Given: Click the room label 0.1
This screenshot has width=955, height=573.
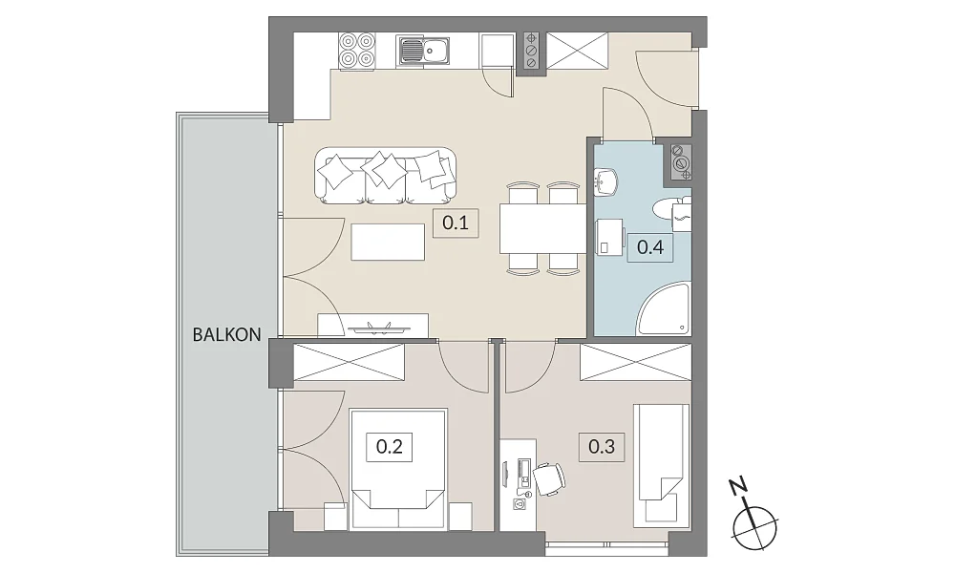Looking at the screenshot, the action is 456,223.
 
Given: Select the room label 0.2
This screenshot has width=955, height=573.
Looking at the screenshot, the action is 390,447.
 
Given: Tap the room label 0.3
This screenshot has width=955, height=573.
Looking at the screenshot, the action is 602,447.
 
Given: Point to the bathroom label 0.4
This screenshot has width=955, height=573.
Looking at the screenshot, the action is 650,247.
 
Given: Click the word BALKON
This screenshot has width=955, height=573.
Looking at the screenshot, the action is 226,334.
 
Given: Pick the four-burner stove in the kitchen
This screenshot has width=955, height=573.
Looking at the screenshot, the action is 357,50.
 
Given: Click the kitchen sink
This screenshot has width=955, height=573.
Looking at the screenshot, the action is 424,50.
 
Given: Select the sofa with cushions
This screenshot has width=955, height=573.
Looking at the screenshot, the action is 386,176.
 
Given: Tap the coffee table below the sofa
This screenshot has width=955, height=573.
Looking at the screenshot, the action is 388,242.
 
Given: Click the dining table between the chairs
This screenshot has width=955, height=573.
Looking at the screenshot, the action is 542,228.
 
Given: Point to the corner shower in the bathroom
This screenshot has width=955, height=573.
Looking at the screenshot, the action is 664,308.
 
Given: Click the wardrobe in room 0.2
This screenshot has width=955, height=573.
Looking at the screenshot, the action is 349,363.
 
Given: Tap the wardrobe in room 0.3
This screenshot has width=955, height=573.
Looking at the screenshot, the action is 635,363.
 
